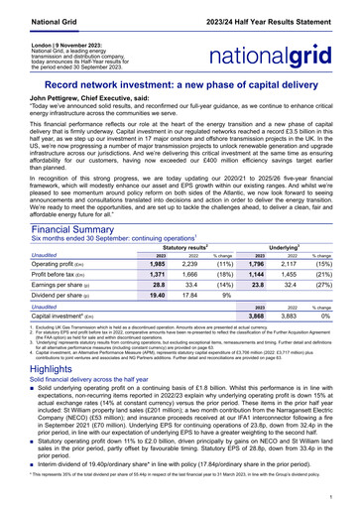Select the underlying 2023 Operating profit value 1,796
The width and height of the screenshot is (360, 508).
(x=256, y=265)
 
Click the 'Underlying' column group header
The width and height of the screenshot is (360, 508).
(x=287, y=245)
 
